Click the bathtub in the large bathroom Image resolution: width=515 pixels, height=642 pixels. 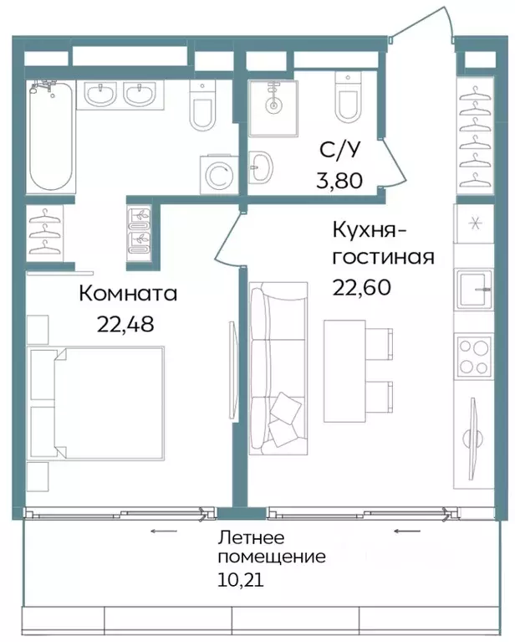[52, 137]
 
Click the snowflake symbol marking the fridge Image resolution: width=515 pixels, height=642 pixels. [474, 223]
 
